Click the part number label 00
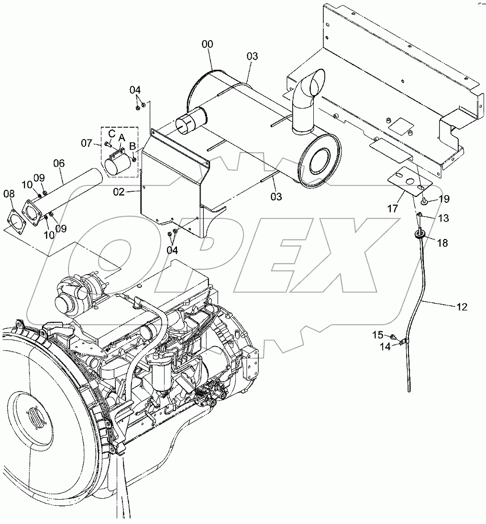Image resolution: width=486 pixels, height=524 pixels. [x=207, y=44]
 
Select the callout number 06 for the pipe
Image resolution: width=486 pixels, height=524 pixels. [x=59, y=163]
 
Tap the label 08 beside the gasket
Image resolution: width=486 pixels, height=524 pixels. [x=9, y=194]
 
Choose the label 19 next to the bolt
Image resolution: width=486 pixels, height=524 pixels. [x=443, y=199]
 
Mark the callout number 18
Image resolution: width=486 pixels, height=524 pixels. [x=442, y=243]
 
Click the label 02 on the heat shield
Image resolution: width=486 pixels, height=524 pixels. [x=119, y=192]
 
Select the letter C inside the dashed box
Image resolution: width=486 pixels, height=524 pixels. [x=111, y=132]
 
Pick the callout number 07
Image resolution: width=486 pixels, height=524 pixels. [x=86, y=142]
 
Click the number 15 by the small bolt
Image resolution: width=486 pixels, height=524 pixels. [x=378, y=334]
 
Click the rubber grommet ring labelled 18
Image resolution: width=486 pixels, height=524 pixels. [x=420, y=234]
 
